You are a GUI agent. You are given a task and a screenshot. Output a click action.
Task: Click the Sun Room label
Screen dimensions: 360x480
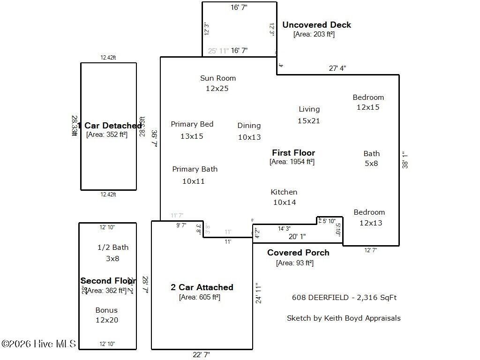tap(217, 78)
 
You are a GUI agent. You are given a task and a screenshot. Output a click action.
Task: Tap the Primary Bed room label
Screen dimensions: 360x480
tap(192, 124)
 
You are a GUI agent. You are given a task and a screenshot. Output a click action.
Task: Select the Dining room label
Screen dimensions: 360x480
tap(249, 126)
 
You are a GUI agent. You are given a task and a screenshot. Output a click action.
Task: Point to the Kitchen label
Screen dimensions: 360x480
tap(284, 192)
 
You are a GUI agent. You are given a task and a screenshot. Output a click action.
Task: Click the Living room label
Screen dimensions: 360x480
tap(309, 109)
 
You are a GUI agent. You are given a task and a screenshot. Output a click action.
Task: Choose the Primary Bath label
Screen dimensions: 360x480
tap(195, 169)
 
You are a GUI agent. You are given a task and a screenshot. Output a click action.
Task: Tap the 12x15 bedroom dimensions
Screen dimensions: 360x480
tap(368, 107)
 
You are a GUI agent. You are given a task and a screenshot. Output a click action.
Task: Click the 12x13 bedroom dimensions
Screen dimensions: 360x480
tap(370, 223)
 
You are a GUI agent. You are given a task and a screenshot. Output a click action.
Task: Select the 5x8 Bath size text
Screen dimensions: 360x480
tap(371, 164)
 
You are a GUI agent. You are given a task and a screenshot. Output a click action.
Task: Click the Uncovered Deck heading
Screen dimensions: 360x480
tap(316, 25)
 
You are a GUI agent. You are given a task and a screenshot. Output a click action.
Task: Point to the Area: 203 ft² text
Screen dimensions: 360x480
tap(314, 34)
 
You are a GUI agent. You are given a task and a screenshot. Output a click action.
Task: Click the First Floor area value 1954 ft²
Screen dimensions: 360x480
tap(292, 162)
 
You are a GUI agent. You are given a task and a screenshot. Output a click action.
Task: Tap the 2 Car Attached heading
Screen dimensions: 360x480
tap(202, 287)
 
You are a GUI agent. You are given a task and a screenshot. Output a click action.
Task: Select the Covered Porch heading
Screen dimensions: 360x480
tap(298, 253)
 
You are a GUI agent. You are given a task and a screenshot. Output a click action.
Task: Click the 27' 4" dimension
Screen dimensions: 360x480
tap(337, 68)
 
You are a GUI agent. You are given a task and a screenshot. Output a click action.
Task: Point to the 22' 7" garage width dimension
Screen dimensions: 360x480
tap(201, 355)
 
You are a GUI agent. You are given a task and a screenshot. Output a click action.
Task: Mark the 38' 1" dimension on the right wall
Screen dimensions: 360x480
tap(405, 159)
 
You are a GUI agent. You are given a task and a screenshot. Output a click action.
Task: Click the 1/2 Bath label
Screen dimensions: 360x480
tap(112, 247)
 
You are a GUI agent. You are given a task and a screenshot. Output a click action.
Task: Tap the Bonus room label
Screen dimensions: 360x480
tap(106, 310)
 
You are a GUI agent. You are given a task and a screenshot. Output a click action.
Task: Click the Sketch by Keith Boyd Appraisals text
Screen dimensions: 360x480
tap(344, 318)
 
